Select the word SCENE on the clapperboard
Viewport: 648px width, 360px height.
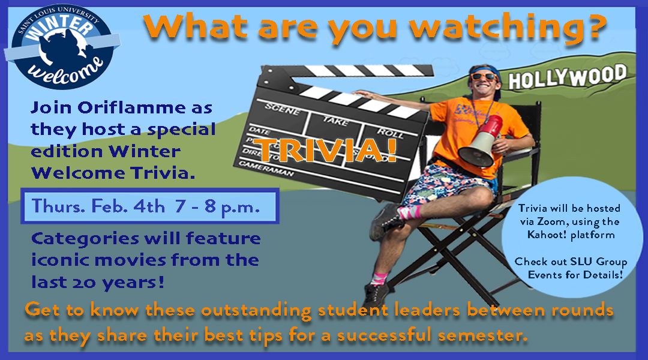282,109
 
